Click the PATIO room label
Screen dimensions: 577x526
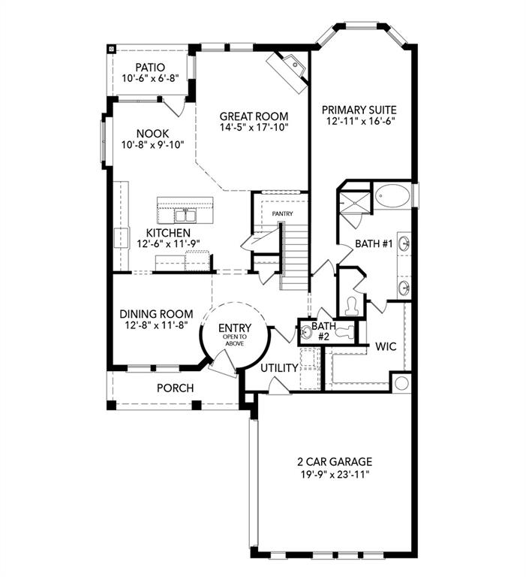click(x=149, y=67)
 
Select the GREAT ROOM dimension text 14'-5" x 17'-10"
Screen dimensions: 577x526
click(x=254, y=129)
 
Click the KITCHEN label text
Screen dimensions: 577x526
click(x=167, y=232)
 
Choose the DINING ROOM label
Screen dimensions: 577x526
click(x=156, y=314)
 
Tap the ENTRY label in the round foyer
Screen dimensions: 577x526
click(x=235, y=328)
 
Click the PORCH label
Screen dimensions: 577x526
click(x=175, y=388)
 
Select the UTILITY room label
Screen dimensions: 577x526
click(x=279, y=368)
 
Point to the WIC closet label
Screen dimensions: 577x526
click(x=386, y=346)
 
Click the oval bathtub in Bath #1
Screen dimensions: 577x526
click(x=392, y=198)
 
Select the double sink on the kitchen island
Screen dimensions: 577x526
click(x=185, y=216)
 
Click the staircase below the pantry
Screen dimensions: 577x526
click(x=294, y=255)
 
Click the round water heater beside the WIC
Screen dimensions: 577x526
click(x=402, y=383)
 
